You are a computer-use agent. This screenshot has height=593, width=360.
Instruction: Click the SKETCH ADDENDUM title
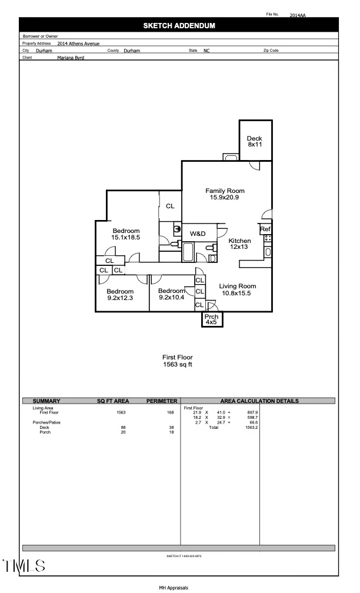pyautogui.click(x=179, y=25)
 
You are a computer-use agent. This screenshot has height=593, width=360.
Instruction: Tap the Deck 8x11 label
pyautogui.click(x=255, y=141)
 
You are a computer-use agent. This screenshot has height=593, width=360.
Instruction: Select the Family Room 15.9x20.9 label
pyautogui.click(x=225, y=194)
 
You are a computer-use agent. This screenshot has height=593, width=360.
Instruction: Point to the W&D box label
pyautogui.click(x=198, y=234)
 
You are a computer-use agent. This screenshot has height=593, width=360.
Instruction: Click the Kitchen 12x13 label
pyautogui.click(x=239, y=244)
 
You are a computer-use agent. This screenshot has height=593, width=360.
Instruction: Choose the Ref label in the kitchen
pyautogui.click(x=265, y=229)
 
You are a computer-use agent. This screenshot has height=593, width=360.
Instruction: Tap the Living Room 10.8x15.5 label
pyautogui.click(x=238, y=289)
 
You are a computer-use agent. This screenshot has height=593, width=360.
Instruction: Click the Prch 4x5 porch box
pyautogui.click(x=212, y=319)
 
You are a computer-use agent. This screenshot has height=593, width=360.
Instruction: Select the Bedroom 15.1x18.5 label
pyautogui.click(x=126, y=234)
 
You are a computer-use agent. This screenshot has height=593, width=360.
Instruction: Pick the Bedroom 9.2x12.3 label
pyautogui.click(x=120, y=294)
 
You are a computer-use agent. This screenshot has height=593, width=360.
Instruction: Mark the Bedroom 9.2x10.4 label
pyautogui.click(x=172, y=294)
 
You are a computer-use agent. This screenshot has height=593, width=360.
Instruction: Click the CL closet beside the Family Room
pyautogui.click(x=170, y=206)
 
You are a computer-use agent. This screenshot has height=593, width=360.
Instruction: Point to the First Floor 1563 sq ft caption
pyautogui.click(x=178, y=361)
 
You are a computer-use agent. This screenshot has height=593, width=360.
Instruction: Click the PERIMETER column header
pyautogui.click(x=162, y=401)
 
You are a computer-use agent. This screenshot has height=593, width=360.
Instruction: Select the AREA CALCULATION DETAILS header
pyautogui.click(x=259, y=401)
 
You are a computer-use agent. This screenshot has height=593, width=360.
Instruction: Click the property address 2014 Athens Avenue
pyautogui.click(x=78, y=44)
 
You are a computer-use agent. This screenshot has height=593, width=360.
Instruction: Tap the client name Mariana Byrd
pyautogui.click(x=71, y=58)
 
